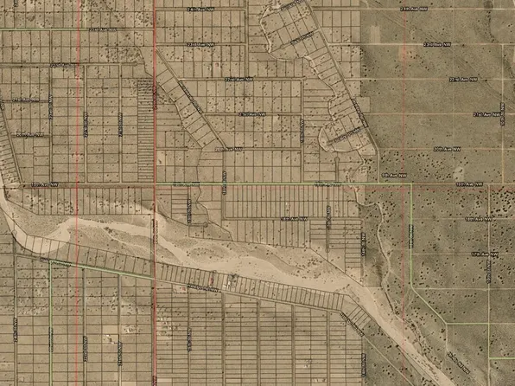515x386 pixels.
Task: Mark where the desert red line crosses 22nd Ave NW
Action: click(405, 80)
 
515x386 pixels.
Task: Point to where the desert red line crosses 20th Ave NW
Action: click(405, 150)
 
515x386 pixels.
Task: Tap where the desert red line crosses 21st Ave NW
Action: click(405, 114)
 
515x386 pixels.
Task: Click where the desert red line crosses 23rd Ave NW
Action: click(405, 43)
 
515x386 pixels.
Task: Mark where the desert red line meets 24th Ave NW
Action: click(405, 8)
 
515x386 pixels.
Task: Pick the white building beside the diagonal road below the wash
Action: click(231, 281)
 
